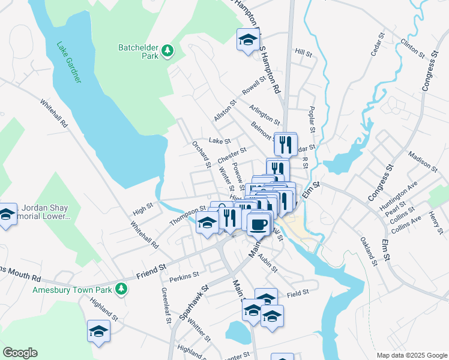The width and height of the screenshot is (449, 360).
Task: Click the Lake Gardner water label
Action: [70, 62]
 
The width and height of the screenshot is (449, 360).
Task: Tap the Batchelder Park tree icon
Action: [167, 51]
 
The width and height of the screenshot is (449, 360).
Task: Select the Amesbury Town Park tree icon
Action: [122, 289]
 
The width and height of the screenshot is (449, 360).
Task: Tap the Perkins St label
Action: [184, 276]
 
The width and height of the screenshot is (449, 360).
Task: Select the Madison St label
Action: [421, 157]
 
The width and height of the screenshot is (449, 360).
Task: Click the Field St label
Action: [298, 292]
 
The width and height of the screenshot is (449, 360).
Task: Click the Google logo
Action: [20, 353]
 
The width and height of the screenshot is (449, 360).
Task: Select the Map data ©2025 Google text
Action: [411, 355]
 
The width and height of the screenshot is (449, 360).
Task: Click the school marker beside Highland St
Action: [98, 330]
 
